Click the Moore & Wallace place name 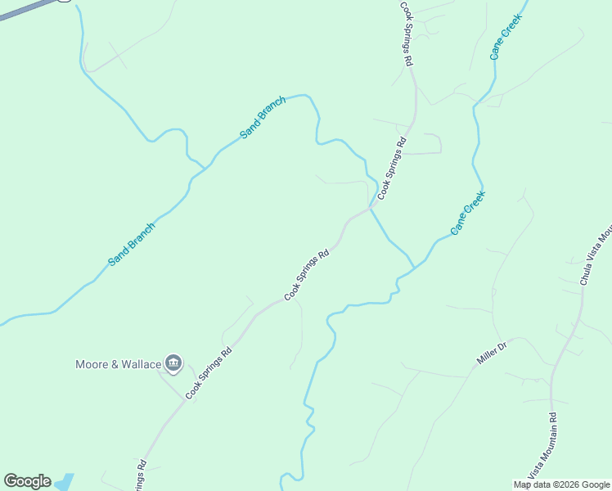pos(118,363)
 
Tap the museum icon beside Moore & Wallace pos(173,363)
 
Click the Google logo pos(27,481)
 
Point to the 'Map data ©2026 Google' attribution pos(561,484)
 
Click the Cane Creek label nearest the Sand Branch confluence pos(468,213)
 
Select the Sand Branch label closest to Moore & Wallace pos(131,244)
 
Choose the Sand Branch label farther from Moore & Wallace pos(262,118)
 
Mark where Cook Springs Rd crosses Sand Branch pos(371,208)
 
